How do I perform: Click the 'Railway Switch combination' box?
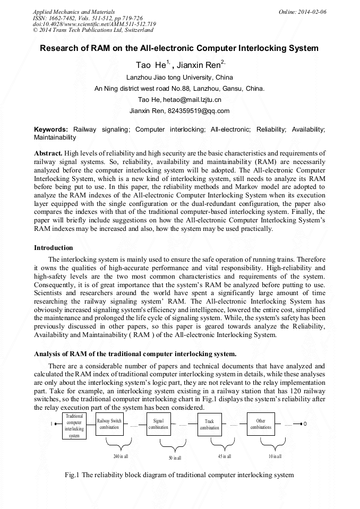pyautogui.click(x=109, y=424)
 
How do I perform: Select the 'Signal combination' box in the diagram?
pyautogui.click(x=158, y=424)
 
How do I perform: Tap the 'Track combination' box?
pyautogui.click(x=209, y=425)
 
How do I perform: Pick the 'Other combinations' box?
pyautogui.click(x=261, y=424)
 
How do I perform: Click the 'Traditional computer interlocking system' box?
pyautogui.click(x=74, y=425)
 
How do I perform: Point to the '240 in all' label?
pyautogui.click(x=121, y=456)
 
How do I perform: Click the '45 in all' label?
pyautogui.click(x=224, y=456)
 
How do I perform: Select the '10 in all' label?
pyautogui.click(x=275, y=456)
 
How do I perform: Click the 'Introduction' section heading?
pyautogui.click(x=54, y=247)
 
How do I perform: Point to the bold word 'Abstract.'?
pyautogui.click(x=48, y=153)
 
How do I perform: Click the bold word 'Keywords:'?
pyautogui.click(x=51, y=130)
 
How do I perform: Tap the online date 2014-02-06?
pyautogui.click(x=311, y=12)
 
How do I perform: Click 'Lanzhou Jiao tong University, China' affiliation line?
pyautogui.click(x=179, y=77)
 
